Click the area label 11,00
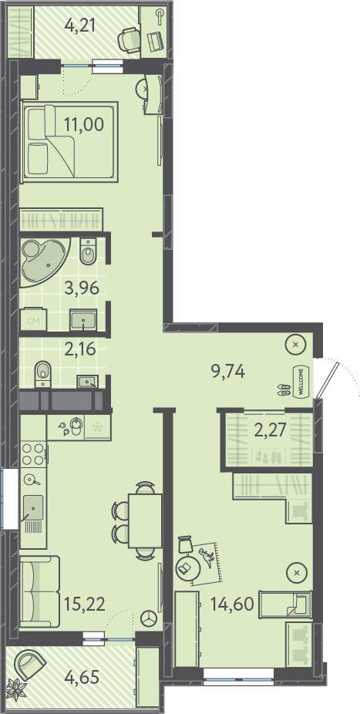point(84,124)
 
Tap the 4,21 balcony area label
point(79,25)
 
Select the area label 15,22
point(85,605)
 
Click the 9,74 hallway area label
point(228,372)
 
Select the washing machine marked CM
point(33,321)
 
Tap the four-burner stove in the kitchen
point(33,454)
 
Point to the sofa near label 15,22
point(39,591)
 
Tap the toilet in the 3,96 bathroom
point(88,251)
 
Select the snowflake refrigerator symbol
point(97,427)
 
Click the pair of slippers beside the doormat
point(285,389)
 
